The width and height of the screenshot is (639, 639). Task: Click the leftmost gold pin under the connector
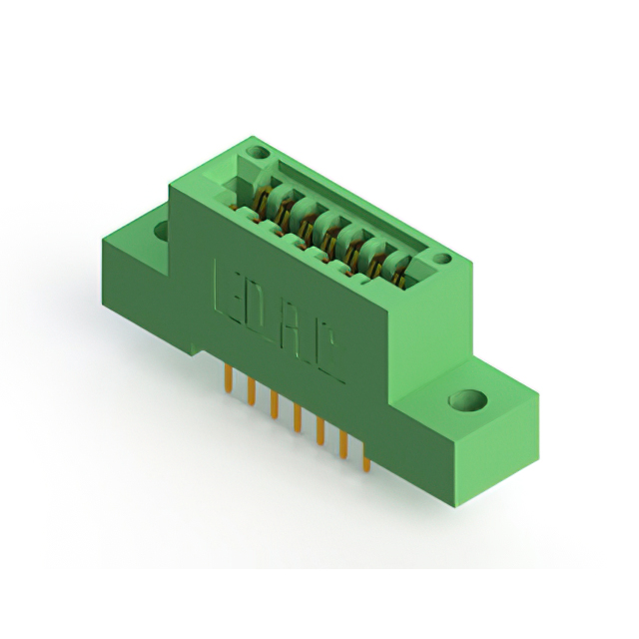point(229,378)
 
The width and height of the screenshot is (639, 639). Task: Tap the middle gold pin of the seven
point(298,417)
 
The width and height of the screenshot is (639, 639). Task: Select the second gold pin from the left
point(251,391)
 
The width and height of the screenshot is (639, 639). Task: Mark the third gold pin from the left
point(275,404)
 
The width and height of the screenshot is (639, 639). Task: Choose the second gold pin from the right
point(343,445)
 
